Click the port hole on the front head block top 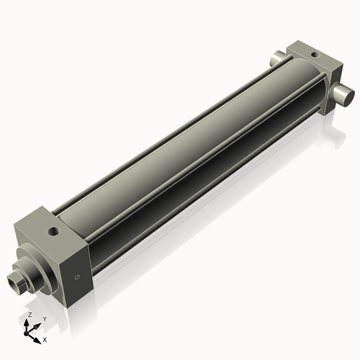(x=53, y=232)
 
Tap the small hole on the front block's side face (x=77, y=276)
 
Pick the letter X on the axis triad (x=45, y=338)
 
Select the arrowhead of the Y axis (x=37, y=323)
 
